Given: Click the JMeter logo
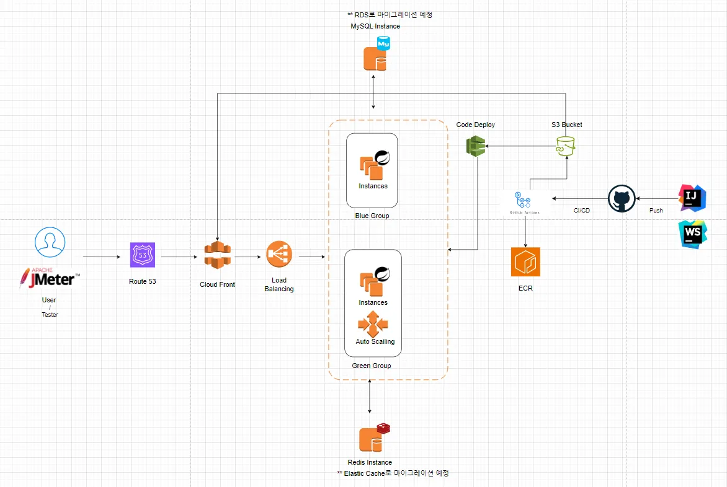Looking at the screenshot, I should point(50,279).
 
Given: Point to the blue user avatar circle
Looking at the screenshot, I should point(50,242).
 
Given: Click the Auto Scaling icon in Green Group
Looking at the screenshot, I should point(373,323).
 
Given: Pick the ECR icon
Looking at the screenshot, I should point(525,262).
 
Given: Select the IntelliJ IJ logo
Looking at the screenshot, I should point(693,198).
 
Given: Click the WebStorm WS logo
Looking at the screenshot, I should point(693,234).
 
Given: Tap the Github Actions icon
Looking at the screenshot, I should point(525,201).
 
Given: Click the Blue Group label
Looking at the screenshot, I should point(372,216).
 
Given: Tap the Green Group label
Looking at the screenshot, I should point(372,366).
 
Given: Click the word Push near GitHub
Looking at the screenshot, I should point(656,211).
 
